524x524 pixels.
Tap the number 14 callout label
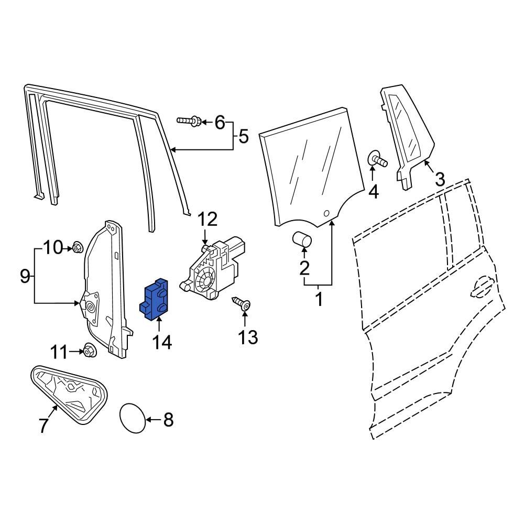tap(162, 342)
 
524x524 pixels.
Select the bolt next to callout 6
tap(189, 122)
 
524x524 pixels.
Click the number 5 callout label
tap(243, 137)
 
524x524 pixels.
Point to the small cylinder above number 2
tap(301, 241)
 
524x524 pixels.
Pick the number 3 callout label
tap(440, 179)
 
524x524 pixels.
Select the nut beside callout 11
tap(89, 350)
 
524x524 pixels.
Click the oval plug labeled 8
tap(132, 419)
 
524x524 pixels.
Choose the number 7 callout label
tap(44, 426)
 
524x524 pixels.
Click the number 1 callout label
tap(319, 301)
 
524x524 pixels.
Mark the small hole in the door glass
tap(326, 213)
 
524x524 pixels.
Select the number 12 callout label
tap(206, 219)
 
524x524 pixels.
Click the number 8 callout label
tap(168, 419)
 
